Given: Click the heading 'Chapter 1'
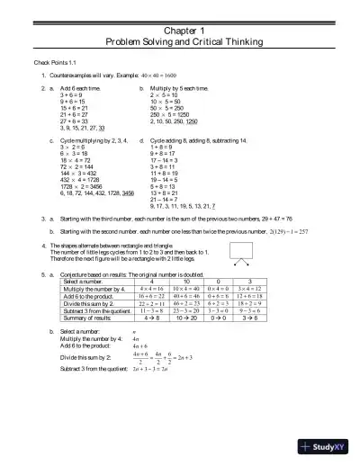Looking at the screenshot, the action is pos(180,29).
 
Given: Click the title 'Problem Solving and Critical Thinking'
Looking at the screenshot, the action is pos(180,42).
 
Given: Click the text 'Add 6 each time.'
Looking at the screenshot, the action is pos(80,90).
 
